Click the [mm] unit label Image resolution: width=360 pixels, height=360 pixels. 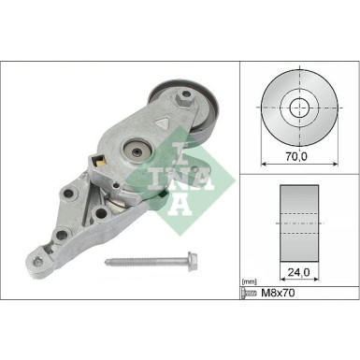(x=250, y=280)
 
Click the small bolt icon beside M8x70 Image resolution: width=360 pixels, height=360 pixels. (x=249, y=293)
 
